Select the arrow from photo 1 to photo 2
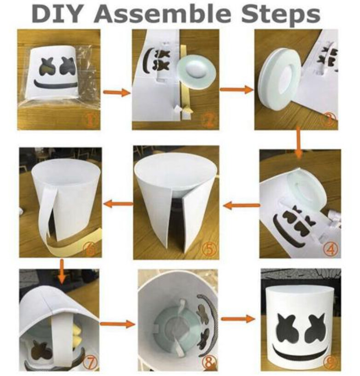coord(116,93)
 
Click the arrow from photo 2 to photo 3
coord(237,90)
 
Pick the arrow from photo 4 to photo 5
coord(241,205)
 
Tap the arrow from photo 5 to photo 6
coord(118,204)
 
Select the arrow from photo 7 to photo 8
coord(117,324)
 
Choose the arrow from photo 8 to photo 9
coord(238,319)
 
